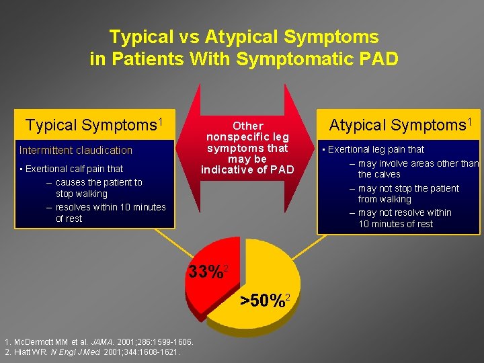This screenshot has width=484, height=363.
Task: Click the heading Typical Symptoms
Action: point(94,125)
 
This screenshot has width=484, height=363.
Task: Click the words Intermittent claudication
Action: point(76,150)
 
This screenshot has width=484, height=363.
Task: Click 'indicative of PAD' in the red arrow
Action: point(247,169)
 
